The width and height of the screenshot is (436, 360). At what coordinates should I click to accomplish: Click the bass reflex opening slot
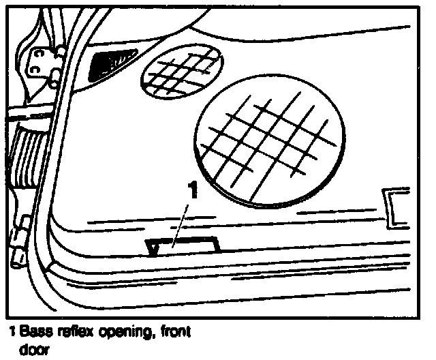point(183,245)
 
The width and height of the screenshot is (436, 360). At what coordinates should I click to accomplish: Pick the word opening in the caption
point(121,333)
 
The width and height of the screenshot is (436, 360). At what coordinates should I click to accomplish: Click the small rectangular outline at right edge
point(396,207)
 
